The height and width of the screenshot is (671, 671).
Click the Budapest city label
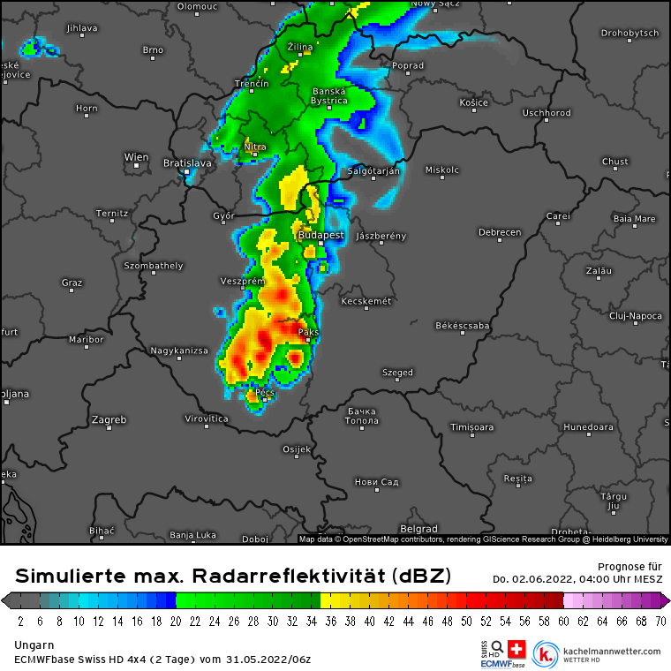point(320,236)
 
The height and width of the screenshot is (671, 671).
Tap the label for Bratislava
point(188,163)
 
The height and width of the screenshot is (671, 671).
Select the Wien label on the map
point(136,157)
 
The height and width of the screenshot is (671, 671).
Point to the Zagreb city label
point(109,419)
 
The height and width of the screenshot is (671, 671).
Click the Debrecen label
point(500,232)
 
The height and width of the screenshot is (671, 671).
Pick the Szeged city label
point(397,373)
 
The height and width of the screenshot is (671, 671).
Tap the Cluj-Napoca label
point(636,315)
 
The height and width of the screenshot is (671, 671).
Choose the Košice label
point(474,102)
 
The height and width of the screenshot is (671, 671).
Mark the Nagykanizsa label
point(179,351)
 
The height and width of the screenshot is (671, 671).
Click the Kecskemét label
point(366,301)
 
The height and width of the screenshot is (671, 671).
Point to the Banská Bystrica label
point(329,95)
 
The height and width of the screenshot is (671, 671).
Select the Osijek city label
point(297,449)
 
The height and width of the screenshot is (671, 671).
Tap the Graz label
point(72,283)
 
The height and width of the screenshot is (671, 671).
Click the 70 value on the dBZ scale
point(660,621)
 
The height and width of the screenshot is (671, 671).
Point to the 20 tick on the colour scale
point(177,621)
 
